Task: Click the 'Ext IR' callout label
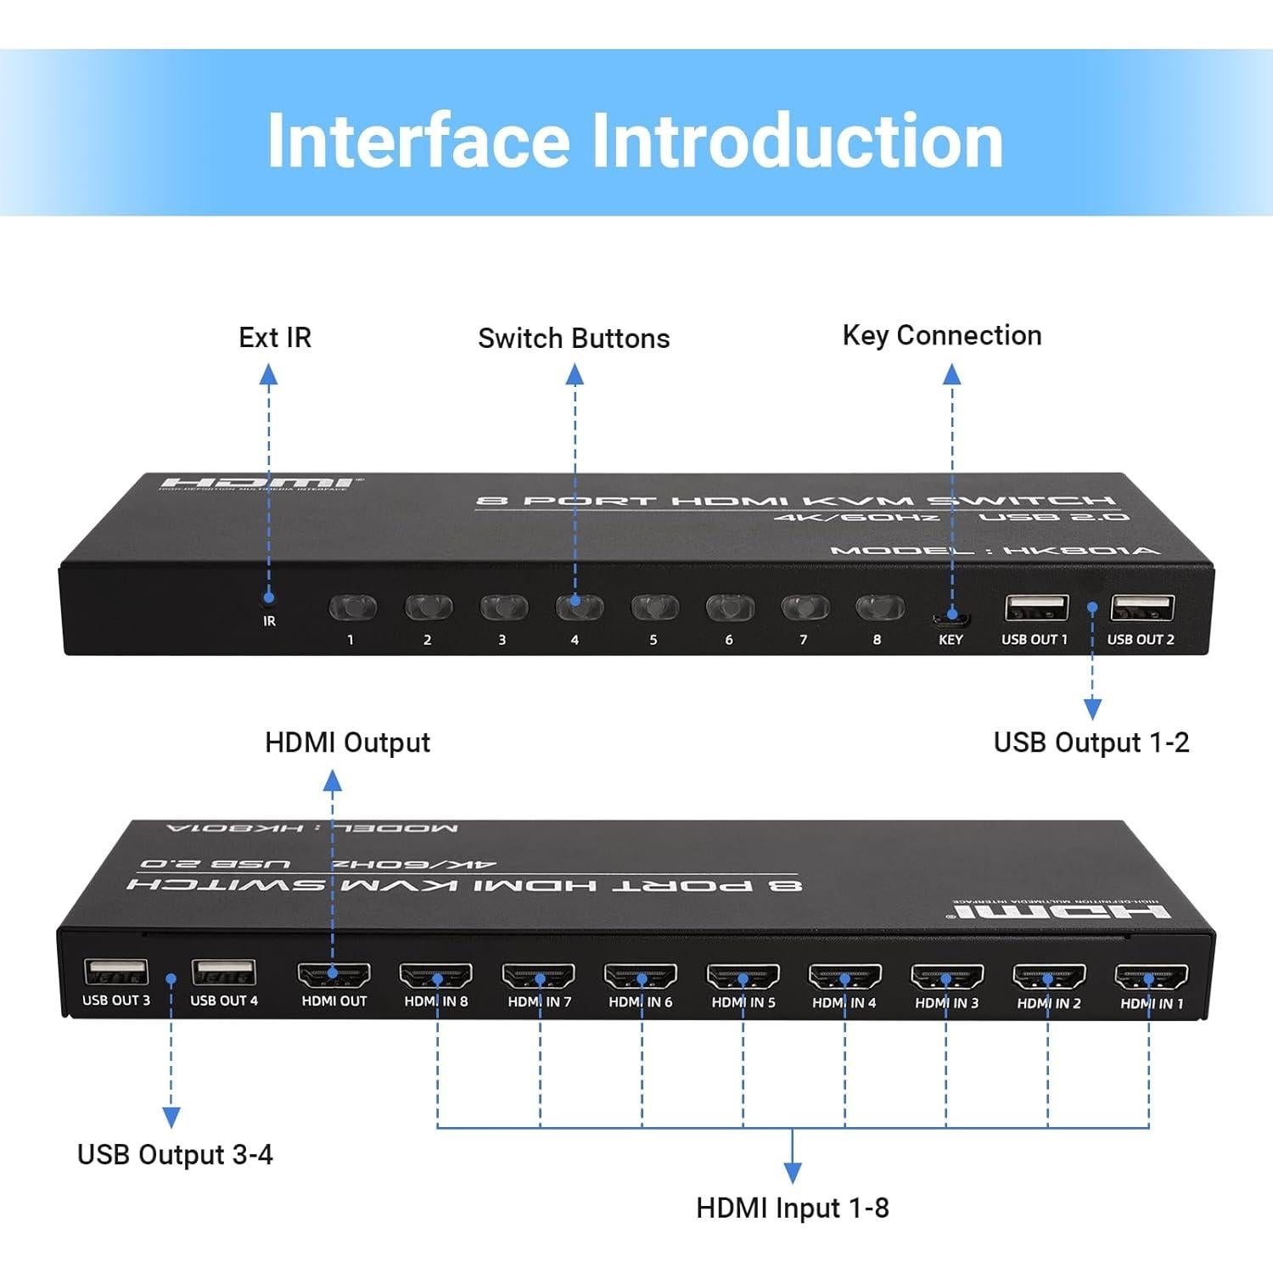pos(275,338)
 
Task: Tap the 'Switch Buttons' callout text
pos(574,339)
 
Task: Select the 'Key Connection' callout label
pos(942,335)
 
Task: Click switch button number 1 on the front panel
pos(352,608)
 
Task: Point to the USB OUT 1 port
pos(1036,608)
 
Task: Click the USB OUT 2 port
pos(1142,608)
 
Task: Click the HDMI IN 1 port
pos(1151,977)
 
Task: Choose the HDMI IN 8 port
pos(436,975)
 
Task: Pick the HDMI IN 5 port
pos(743,976)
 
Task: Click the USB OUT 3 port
pos(116,972)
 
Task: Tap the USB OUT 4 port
pos(223,972)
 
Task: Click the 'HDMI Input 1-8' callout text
pos(792,1208)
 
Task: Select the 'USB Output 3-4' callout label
pos(175,1155)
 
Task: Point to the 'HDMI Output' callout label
pos(347,743)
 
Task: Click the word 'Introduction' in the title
pos(797,141)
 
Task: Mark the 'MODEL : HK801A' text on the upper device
pos(994,551)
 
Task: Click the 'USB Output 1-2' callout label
pos(1091,743)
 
